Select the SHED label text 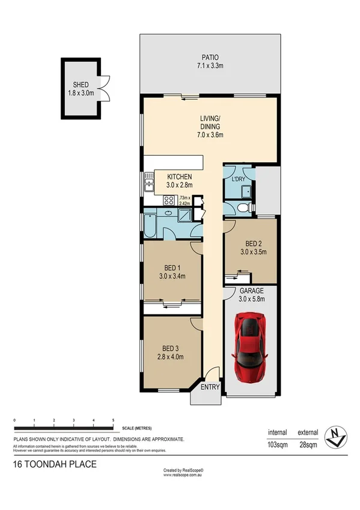point(81,85)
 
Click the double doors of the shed point(105,88)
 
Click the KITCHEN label point(180,176)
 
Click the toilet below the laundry point(242,208)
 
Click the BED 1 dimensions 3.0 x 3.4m point(171,277)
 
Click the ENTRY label point(210,387)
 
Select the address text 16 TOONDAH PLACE point(54,464)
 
